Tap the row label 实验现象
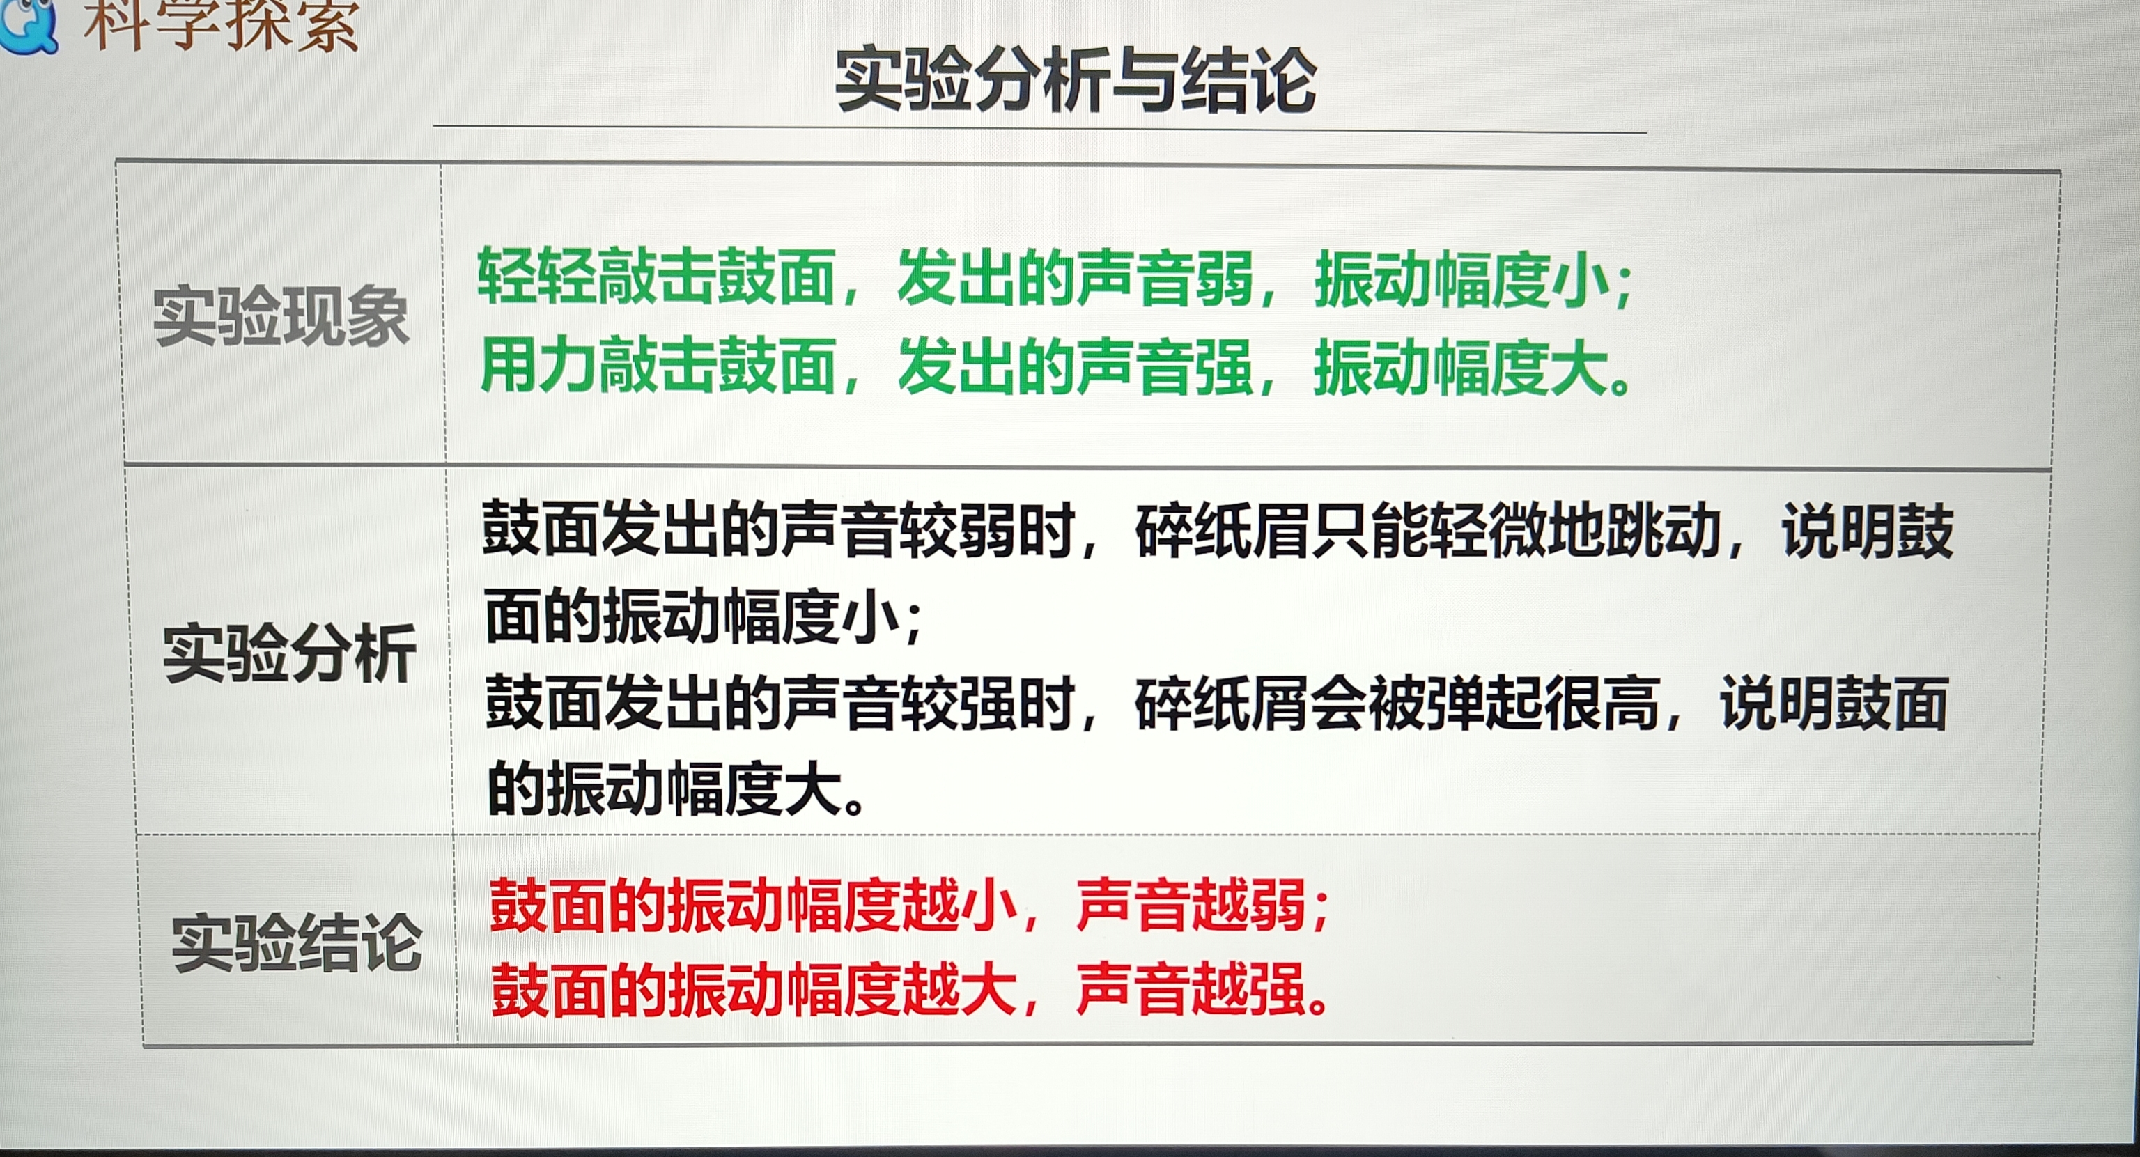coord(281,316)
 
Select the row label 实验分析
coord(289,653)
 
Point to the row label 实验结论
coord(297,942)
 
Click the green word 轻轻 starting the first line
coord(536,276)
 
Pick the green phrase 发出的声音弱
coord(1075,277)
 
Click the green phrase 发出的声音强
coord(1075,366)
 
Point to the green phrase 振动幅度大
coord(1463,367)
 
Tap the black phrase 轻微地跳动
coord(1575,530)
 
